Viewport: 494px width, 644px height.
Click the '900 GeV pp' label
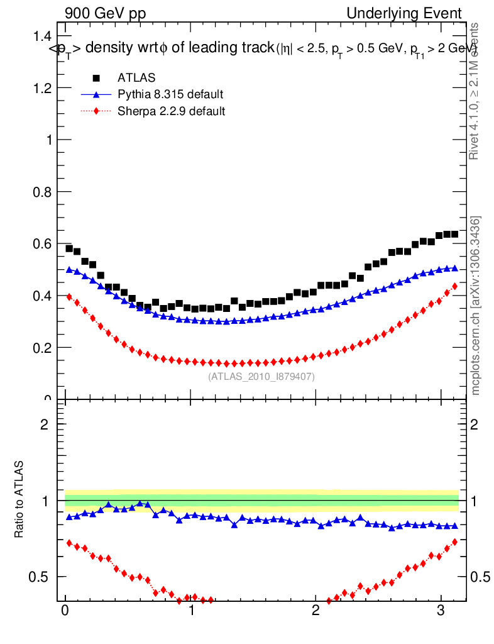click(x=105, y=13)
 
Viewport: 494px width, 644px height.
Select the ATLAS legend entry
click(x=136, y=78)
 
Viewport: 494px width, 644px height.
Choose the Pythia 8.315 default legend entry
click(x=170, y=95)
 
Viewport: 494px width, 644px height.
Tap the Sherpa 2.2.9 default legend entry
click(x=172, y=111)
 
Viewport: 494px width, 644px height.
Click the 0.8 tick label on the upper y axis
click(x=41, y=192)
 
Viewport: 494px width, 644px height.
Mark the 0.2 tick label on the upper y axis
click(x=41, y=347)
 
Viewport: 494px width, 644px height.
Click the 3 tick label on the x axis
click(x=441, y=611)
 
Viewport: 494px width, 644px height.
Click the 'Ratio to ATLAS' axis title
click(x=19, y=499)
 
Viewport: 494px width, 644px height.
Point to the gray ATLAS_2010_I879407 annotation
click(x=261, y=376)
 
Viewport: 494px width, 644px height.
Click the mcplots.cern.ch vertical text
click(x=476, y=306)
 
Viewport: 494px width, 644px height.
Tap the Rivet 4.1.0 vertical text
click(x=475, y=91)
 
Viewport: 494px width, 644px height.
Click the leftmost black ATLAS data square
click(x=69, y=248)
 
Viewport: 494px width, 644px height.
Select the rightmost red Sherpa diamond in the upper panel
click(x=454, y=286)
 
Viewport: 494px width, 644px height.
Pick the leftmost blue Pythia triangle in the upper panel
click(x=69, y=270)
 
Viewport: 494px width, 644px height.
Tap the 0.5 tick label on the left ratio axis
click(x=42, y=577)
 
